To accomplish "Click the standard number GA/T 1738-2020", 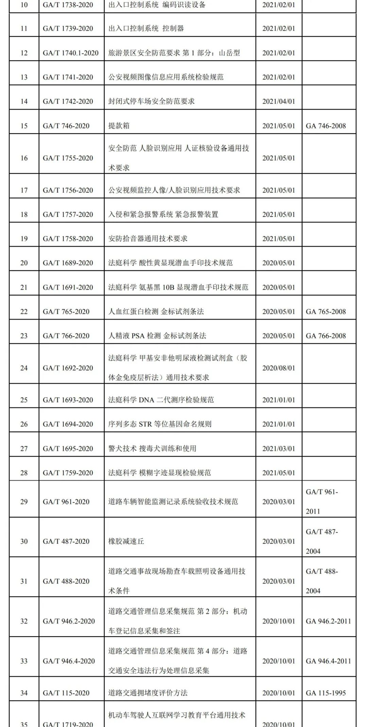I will point(68,5).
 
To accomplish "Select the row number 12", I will point(24,53).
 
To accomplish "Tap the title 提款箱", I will point(119,126).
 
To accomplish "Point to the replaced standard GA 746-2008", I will point(326,126).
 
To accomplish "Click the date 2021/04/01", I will point(279,101).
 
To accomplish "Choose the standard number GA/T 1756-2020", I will point(68,190).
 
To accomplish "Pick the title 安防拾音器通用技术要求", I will point(148,238).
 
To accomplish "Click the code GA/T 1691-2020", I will point(68,287).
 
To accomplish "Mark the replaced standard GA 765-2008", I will point(326,311).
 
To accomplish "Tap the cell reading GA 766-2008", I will point(326,336).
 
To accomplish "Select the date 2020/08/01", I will point(279,368).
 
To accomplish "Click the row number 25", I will point(24,400).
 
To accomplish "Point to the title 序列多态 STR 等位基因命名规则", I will point(160,424).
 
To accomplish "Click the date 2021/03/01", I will point(279,449).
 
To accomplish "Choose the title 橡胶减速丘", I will point(126,541).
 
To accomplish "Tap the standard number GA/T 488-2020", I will point(66,581).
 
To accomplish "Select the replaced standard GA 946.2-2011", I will point(328,621).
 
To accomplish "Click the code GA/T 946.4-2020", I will point(69,661).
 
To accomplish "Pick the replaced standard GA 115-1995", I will point(326,693).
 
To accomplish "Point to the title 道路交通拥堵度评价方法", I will point(148,693).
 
